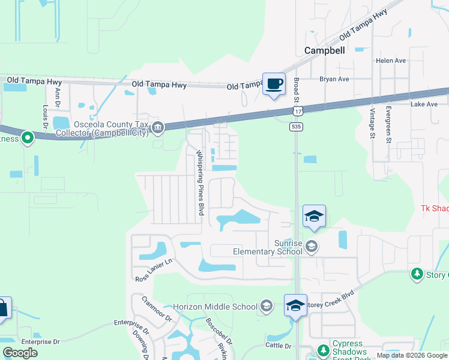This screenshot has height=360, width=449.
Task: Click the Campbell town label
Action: (324, 51)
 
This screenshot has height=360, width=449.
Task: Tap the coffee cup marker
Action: (274, 84)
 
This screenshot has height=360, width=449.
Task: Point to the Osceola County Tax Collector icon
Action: (158, 127)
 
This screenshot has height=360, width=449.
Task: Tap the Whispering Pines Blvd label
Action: (200, 183)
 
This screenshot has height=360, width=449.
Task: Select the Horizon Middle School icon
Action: (266, 307)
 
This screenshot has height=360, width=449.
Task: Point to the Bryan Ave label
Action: (334, 79)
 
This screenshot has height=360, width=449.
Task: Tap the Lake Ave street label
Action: (424, 104)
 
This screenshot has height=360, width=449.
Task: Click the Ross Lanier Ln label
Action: (154, 271)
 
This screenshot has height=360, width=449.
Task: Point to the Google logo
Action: (20, 353)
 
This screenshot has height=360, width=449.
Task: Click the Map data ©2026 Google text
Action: (412, 355)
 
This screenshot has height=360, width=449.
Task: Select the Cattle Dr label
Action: (279, 346)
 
